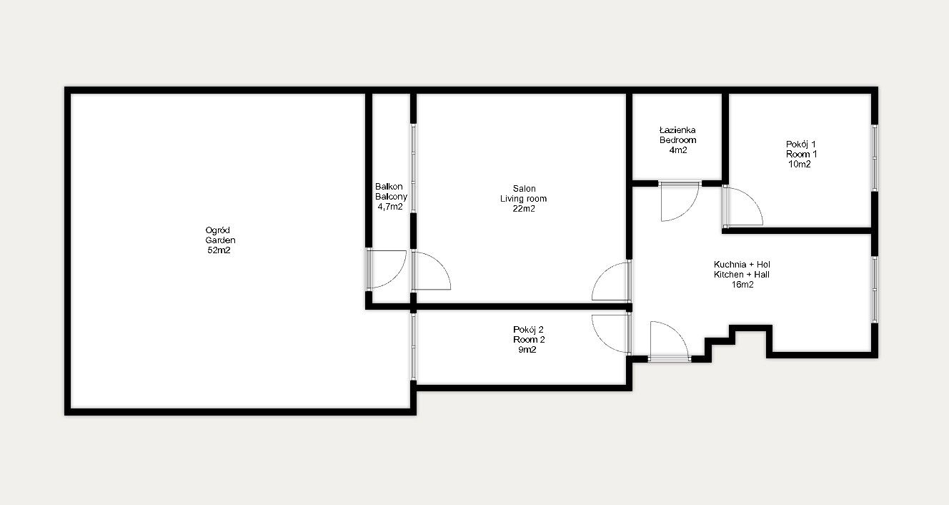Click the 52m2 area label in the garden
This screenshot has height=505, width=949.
pos(219,251)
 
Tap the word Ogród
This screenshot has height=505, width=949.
pos(219,230)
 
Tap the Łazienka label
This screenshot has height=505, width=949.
pos(677,130)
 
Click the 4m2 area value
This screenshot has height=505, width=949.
pos(677,150)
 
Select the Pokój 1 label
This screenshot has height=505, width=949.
pos(801,144)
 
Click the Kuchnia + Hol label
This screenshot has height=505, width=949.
pos(741,264)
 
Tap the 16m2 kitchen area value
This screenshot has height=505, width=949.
pos(741,284)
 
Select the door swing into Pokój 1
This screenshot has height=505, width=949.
pos(743,207)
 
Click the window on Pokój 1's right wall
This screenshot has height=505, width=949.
pos(874,158)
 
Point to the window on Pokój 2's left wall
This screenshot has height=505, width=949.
pos(413,346)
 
